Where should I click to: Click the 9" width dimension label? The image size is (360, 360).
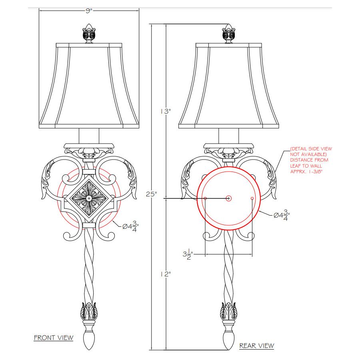89,11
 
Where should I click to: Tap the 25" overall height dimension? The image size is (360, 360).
152,194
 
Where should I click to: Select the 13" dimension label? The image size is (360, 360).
166,111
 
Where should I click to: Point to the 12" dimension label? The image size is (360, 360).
166,274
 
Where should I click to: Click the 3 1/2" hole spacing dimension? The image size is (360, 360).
188,254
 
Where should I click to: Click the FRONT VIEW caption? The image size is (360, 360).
54,338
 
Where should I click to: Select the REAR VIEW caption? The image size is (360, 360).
257,346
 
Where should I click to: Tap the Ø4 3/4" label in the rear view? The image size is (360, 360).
282,215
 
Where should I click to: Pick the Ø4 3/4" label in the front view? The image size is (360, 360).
130,226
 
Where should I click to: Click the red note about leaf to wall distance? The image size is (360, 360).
311,160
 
